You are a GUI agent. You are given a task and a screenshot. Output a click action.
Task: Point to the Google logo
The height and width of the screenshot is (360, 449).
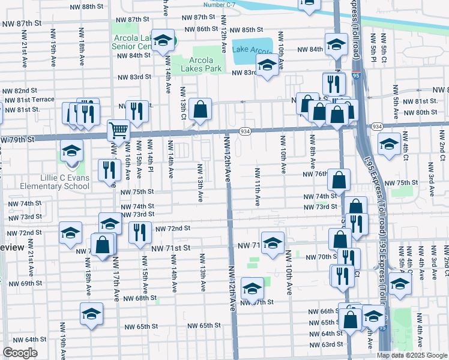pos(20,353)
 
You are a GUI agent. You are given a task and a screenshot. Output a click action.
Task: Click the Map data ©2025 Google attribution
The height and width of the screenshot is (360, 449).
pos(412,355)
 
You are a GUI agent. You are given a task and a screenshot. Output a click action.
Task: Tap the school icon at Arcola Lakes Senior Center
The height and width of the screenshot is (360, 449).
pos(162,41)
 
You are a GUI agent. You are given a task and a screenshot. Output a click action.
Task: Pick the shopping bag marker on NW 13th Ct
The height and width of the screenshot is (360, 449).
pos(200,109)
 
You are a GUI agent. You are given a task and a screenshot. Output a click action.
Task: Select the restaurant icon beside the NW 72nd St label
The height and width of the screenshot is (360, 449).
pos(139,232)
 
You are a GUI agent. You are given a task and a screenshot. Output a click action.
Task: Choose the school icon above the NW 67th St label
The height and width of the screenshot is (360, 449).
pos(252,289)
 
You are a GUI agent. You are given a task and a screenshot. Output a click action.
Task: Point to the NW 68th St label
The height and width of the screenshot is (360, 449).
pos(140,298)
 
